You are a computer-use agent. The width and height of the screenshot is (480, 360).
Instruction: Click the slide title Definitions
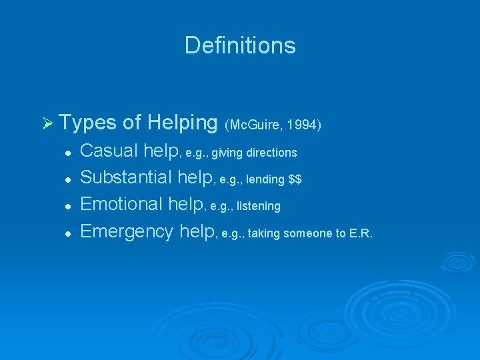point(240,45)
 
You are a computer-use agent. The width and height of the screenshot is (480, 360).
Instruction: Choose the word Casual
point(110,152)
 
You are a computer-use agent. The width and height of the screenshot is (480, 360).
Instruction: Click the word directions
point(271,153)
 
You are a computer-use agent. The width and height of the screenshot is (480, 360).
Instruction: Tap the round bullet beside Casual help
point(68,153)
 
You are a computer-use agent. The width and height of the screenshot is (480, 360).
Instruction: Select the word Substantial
point(128,179)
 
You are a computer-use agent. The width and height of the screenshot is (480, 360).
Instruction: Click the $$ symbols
point(295,180)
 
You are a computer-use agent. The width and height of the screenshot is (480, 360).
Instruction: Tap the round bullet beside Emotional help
point(68,207)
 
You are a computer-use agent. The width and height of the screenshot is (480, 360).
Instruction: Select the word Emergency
point(128,232)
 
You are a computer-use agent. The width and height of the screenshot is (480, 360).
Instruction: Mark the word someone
point(309,233)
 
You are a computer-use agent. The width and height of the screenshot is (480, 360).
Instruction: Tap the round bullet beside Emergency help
point(68,233)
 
